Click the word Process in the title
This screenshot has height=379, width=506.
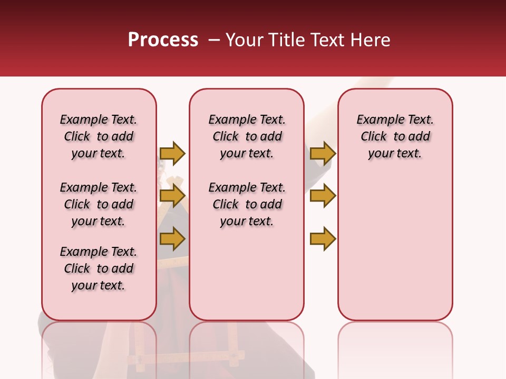tap(163, 40)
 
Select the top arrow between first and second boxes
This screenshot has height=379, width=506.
tap(172, 153)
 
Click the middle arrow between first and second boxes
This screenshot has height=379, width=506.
tap(172, 196)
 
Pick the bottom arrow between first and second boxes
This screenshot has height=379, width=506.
tap(172, 239)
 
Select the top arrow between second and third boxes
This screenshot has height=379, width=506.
tap(323, 153)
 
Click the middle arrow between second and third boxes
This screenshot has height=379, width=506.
tap(323, 196)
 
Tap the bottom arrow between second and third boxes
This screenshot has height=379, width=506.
tap(323, 239)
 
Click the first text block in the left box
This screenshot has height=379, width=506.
tap(99, 136)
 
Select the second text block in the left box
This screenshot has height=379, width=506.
tap(99, 204)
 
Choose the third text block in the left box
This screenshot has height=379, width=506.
tap(99, 268)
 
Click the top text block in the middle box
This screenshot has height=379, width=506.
tap(247, 136)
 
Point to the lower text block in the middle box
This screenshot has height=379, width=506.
tap(247, 204)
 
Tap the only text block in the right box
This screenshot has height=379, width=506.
tap(395, 136)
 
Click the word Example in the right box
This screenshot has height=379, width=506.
tap(377, 119)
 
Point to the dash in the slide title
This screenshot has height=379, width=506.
tap(213, 40)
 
